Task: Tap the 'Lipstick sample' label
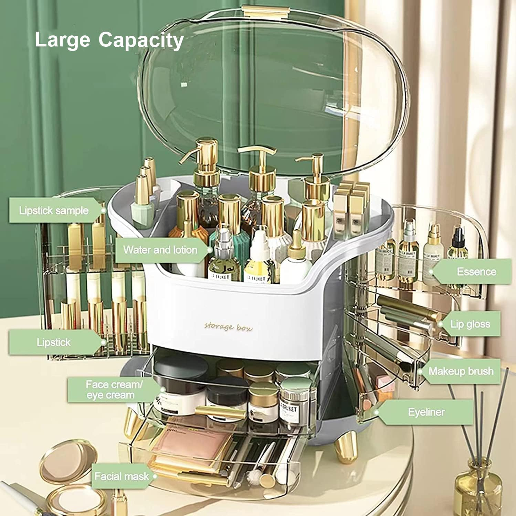tap(54, 211)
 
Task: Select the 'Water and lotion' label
tap(160, 250)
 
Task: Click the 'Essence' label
tap(476, 271)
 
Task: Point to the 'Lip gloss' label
tap(470, 324)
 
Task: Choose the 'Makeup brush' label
tap(461, 371)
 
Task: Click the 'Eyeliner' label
tap(426, 412)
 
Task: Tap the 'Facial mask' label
tap(121, 476)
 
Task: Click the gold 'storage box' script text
tap(228, 327)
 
